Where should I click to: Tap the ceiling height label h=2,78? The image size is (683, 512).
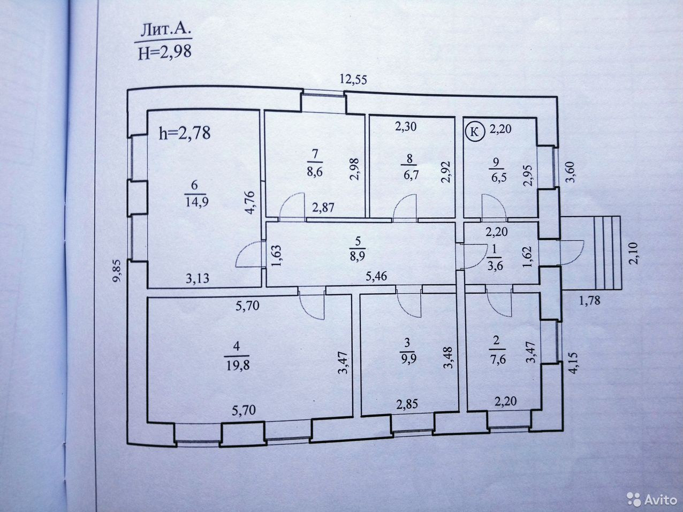coord(185,132)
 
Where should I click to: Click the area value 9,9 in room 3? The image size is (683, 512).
coord(408,358)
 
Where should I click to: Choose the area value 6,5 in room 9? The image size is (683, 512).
coord(498,173)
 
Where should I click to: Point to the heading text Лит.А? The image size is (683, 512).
coord(164,30)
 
